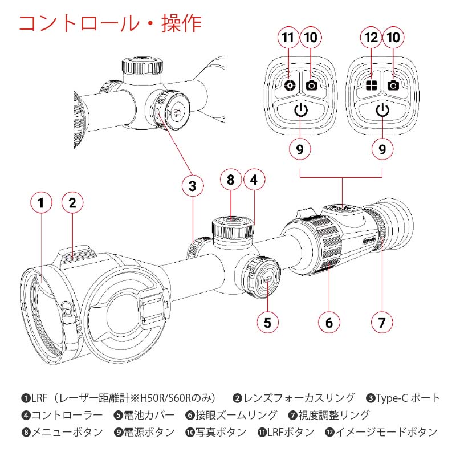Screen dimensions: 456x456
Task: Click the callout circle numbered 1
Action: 40,202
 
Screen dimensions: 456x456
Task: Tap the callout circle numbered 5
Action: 268,321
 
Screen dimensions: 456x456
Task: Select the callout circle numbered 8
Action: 230,180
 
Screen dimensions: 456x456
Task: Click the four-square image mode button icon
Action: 372,85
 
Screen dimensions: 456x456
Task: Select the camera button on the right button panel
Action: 393,85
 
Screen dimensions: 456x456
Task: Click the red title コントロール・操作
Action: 110,23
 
